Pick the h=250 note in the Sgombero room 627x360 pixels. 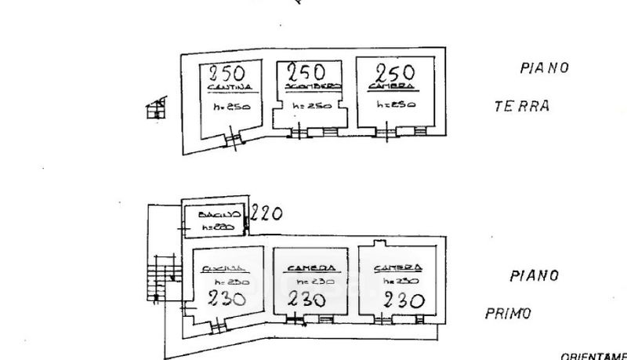click(x=310, y=106)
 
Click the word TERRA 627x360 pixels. click(x=522, y=107)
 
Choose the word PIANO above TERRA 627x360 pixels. click(x=544, y=68)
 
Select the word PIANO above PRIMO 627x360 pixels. click(x=534, y=276)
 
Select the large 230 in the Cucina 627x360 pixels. click(x=227, y=298)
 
